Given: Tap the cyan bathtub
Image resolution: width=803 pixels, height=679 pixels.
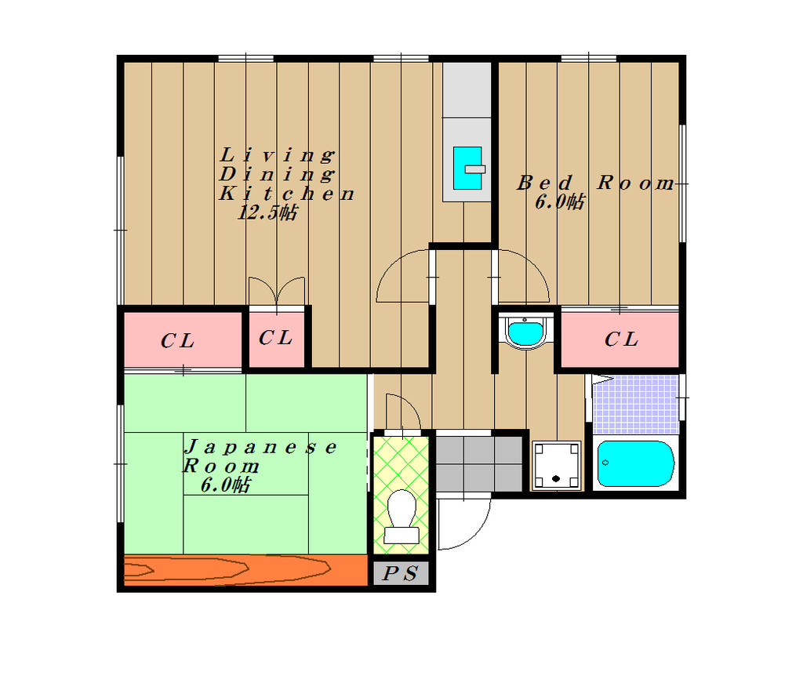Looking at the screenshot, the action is [635, 463].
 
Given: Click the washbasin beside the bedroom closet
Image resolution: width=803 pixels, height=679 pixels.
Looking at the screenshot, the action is [525, 332].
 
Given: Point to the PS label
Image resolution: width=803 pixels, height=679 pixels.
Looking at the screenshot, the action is [401, 573].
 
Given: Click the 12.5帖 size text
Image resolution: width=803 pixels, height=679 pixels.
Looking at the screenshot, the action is [267, 212].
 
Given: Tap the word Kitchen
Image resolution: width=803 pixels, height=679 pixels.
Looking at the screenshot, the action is [287, 194].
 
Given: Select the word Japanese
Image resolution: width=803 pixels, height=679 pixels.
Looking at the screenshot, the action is [260, 447].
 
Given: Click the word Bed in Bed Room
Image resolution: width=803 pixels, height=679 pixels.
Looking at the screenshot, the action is [544, 183].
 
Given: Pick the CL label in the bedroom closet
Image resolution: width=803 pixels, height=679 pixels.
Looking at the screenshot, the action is [621, 339].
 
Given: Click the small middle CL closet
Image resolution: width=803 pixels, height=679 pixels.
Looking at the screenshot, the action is [276, 337].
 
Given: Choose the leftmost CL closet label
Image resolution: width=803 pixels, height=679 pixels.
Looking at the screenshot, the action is [177, 341].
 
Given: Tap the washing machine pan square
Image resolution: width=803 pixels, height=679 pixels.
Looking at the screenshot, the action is [556, 466].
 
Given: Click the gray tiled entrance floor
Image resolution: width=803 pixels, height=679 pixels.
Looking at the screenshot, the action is [479, 463].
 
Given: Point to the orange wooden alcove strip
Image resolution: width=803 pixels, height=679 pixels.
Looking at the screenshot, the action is [245, 569].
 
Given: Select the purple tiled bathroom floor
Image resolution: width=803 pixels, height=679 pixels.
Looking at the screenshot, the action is [635, 405].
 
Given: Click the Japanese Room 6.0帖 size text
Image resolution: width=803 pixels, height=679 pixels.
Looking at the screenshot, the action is [225, 485].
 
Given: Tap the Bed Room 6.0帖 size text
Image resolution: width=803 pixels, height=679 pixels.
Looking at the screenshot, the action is [559, 202].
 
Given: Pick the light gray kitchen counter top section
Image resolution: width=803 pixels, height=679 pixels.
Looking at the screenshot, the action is [467, 89].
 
